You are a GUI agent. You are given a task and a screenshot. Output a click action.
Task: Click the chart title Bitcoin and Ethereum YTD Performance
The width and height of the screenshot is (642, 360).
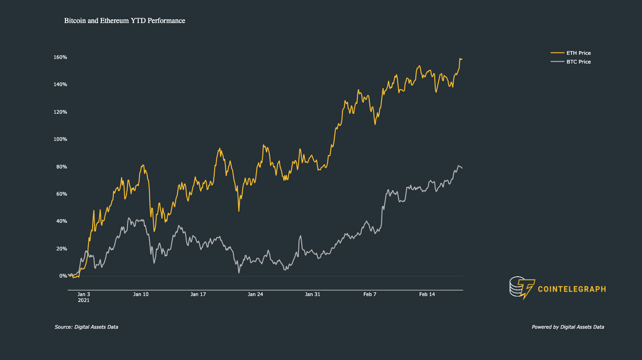point(124,21)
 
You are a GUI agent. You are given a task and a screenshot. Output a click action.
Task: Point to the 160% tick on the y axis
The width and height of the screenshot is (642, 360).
point(60,57)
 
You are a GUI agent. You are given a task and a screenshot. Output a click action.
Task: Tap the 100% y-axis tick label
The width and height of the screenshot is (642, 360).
point(60,139)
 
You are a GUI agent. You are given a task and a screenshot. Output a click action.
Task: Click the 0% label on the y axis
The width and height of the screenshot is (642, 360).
point(63,276)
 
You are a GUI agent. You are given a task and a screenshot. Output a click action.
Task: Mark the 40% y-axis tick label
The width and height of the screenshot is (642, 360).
point(61,221)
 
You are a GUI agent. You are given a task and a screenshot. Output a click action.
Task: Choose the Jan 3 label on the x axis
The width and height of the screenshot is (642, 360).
point(84,294)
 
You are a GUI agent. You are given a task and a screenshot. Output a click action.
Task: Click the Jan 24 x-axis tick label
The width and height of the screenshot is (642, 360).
point(255,294)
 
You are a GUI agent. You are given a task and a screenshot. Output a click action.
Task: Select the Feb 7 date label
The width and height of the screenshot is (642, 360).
point(369,294)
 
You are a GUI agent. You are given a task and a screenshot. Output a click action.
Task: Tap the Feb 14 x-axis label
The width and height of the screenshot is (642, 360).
point(426,294)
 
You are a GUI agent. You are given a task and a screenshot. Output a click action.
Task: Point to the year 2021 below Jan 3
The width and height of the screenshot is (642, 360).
point(84,300)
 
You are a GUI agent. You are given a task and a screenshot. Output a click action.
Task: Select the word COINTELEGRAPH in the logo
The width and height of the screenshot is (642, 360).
point(572,290)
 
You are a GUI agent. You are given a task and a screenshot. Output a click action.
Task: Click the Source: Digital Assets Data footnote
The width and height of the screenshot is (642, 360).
point(86,327)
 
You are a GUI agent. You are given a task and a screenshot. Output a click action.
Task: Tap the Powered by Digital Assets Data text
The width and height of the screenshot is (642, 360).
point(568,327)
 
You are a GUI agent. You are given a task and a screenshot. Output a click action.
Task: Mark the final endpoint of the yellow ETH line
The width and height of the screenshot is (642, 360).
point(462,59)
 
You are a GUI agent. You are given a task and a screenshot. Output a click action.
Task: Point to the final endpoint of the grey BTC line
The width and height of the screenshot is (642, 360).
point(462,168)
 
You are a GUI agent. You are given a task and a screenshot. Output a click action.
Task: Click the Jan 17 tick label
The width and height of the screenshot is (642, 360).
point(198,294)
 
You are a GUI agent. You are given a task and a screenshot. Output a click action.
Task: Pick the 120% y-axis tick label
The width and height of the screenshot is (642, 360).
point(60,112)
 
